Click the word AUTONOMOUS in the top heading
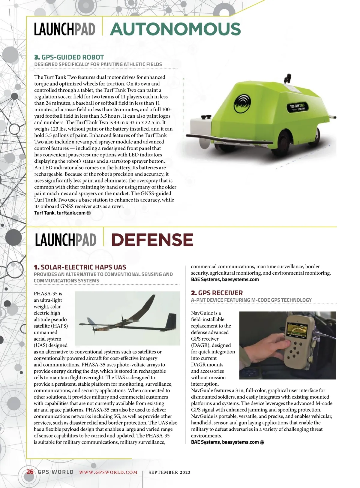175,29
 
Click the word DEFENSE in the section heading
152,240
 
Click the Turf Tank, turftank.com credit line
60,213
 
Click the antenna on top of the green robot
287,78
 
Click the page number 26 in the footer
30,471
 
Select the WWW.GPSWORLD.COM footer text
108,472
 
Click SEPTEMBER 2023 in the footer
169,472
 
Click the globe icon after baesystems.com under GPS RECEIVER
262,442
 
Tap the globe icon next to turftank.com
88,213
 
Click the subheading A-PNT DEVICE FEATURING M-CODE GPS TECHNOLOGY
251,300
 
